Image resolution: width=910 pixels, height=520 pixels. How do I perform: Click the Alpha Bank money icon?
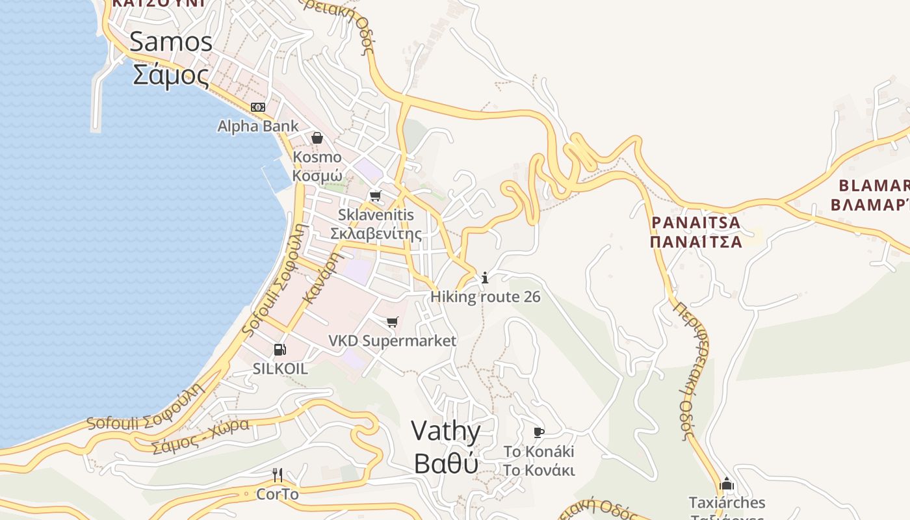point(258,107)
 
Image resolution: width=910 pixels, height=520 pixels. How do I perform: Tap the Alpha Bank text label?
point(258,126)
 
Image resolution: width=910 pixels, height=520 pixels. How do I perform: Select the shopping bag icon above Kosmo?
point(317,138)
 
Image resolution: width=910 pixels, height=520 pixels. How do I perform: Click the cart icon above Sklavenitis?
point(375,196)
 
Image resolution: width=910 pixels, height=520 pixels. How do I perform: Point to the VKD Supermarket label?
point(392,341)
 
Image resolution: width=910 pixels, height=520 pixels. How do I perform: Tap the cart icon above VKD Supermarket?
point(392,322)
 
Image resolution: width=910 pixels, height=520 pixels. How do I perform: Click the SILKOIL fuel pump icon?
point(280,350)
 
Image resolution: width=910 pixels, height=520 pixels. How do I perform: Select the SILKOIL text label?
point(280,369)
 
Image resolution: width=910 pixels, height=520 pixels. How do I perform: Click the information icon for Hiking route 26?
point(484,278)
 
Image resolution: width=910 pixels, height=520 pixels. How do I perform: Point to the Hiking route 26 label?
point(485,297)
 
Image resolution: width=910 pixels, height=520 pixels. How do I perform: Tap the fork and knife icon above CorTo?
point(278,475)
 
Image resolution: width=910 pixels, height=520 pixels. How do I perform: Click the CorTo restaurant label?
point(278,494)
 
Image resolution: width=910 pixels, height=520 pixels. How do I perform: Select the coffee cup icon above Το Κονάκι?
point(539,432)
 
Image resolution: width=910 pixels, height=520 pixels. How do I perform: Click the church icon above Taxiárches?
point(727,484)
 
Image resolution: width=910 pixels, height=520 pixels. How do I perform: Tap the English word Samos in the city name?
point(171,42)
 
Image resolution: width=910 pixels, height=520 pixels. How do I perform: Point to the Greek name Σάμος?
point(171,75)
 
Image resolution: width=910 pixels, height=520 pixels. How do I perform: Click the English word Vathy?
point(446,431)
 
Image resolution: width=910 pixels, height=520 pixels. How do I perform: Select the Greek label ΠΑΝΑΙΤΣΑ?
point(695,242)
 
